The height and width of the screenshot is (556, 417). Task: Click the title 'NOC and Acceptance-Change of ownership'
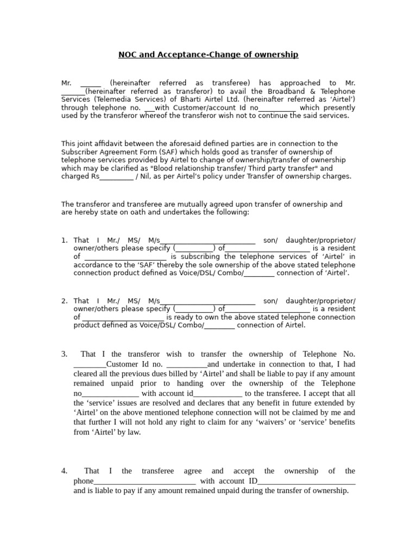tap(208, 55)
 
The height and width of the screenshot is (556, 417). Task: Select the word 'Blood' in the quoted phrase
tap(167, 168)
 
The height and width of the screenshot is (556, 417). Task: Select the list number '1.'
tap(65, 240)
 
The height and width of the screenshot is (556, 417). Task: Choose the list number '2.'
tap(65, 301)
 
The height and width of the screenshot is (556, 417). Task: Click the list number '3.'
tap(65, 354)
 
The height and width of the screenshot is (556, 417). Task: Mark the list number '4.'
tap(65, 471)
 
